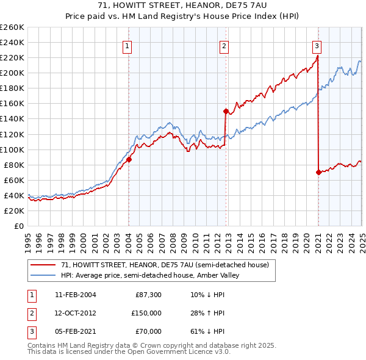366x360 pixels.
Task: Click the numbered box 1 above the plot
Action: pyautogui.click(x=127, y=45)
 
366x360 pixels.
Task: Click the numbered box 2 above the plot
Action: pyautogui.click(x=224, y=45)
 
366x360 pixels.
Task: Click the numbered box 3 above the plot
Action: pyautogui.click(x=317, y=45)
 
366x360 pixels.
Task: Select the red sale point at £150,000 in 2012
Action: pyautogui.click(x=226, y=111)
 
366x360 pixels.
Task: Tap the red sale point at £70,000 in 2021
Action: pyautogui.click(x=318, y=172)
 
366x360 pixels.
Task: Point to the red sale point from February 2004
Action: pyautogui.click(x=129, y=159)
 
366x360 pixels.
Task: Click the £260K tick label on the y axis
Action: pyautogui.click(x=12, y=27)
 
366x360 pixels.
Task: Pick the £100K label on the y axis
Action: pyautogui.click(x=12, y=149)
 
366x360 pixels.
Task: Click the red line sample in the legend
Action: pyautogui.click(x=43, y=265)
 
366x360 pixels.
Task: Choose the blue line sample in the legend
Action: pyautogui.click(x=43, y=275)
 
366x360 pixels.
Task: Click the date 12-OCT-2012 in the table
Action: pyautogui.click(x=75, y=313)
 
